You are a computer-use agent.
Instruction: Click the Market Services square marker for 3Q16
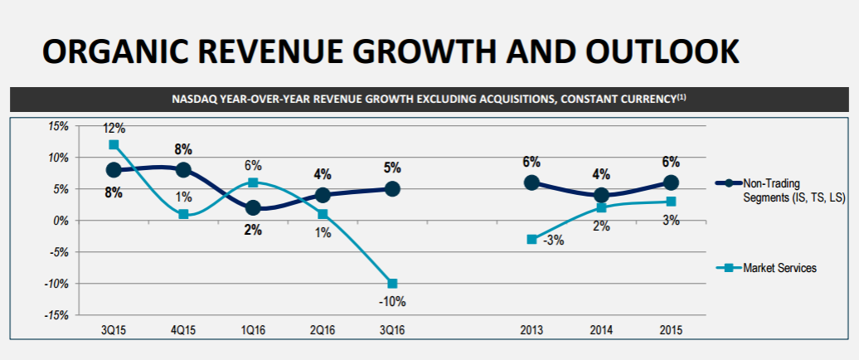coord(392,284)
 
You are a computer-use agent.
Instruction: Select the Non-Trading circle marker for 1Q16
coord(253,207)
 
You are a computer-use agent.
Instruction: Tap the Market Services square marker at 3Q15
coord(114,144)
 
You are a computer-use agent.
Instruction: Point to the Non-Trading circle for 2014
coord(601,195)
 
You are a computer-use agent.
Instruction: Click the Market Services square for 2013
coord(531,240)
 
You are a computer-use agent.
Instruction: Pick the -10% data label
coord(392,301)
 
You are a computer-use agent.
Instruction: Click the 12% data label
coord(114,129)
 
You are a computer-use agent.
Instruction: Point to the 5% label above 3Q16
coord(392,168)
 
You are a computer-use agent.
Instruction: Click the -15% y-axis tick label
coord(56,315)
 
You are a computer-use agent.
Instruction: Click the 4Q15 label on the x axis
coord(183,331)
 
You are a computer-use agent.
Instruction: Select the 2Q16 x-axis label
coord(323,331)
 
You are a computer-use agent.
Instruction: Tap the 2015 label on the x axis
coord(671,331)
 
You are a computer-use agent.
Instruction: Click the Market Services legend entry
coord(766,269)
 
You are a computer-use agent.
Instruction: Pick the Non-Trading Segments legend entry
coord(781,190)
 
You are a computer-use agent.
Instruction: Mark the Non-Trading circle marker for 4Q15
coord(183,170)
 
